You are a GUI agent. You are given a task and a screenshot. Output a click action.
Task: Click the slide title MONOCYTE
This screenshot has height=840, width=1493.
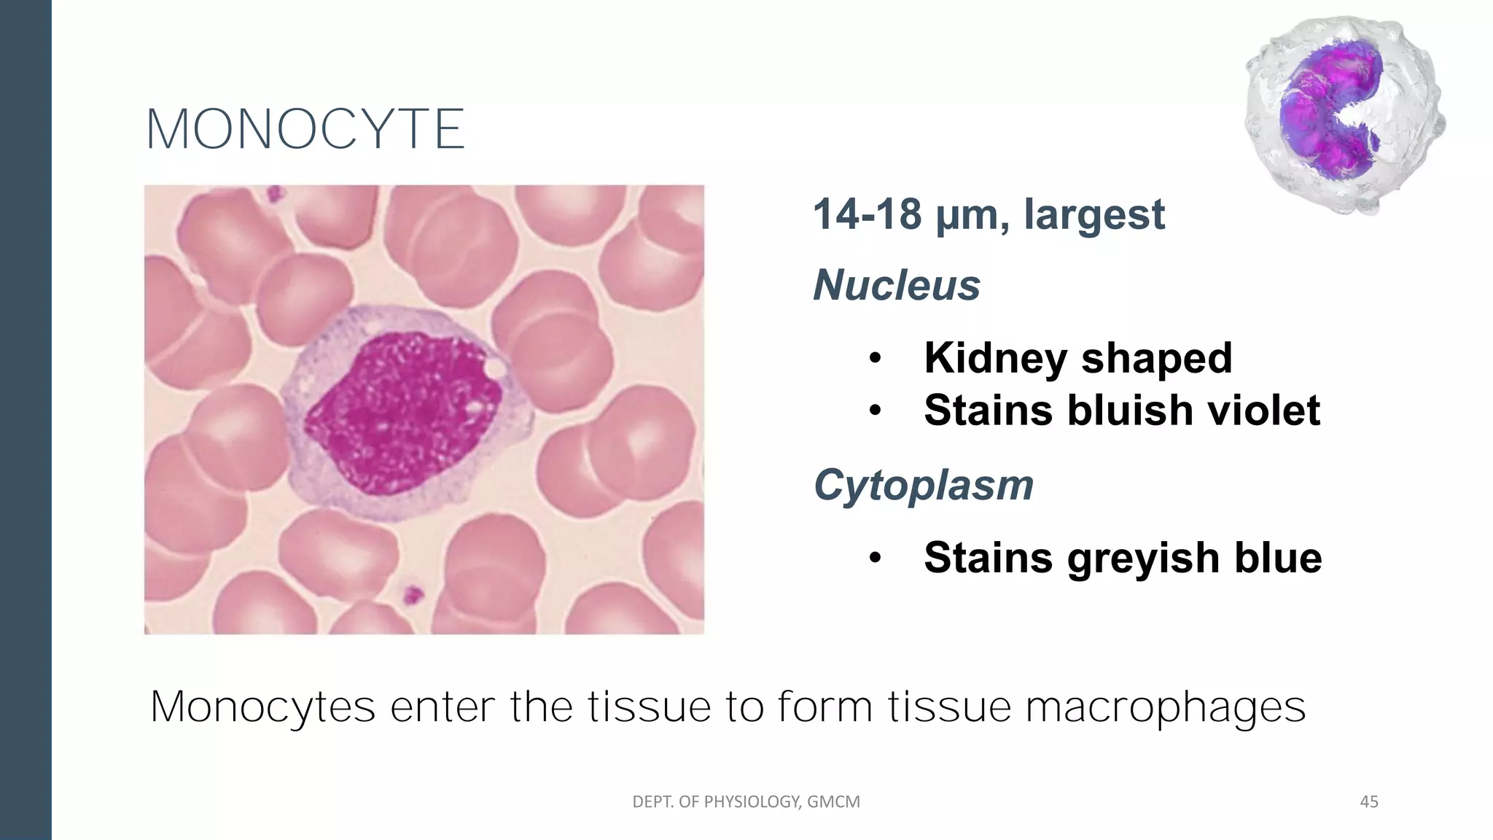pos(305,130)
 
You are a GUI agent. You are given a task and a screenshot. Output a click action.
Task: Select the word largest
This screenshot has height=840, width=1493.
pos(1094,214)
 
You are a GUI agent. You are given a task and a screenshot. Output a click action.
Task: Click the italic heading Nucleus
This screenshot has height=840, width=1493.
pos(896,284)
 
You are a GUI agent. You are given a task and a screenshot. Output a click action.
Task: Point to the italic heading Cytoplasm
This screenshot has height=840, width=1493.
pos(923,485)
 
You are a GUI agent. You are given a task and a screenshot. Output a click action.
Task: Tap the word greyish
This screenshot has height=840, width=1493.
pos(1144,558)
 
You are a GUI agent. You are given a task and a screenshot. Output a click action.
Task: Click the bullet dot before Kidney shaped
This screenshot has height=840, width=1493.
pos(876,359)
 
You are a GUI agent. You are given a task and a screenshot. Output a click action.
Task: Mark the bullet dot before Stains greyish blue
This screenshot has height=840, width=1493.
pos(876,559)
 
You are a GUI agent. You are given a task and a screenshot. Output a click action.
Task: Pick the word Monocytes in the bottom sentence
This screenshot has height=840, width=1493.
pos(262,707)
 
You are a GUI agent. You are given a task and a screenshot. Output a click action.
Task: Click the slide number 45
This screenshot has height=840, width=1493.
pos(1369,802)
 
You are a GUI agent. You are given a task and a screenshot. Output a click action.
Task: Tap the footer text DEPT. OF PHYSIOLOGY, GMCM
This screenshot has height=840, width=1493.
pos(746,802)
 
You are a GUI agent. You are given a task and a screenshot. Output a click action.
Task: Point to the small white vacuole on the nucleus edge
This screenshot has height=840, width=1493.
pos(495,369)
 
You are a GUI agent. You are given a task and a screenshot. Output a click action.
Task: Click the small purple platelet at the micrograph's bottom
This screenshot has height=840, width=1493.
pos(413,595)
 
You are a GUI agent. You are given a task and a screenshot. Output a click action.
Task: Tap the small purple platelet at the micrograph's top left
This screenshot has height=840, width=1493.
pos(274,194)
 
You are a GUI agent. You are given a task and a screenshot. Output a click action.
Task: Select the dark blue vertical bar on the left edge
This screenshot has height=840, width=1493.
pos(26,420)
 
